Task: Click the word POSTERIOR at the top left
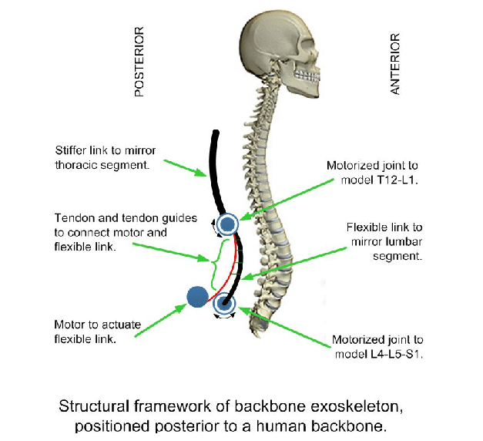pyautogui.click(x=139, y=62)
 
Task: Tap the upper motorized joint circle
pyautogui.click(x=227, y=224)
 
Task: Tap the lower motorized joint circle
pyautogui.click(x=225, y=303)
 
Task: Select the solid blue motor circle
pyautogui.click(x=197, y=296)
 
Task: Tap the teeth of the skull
pyautogui.click(x=308, y=77)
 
